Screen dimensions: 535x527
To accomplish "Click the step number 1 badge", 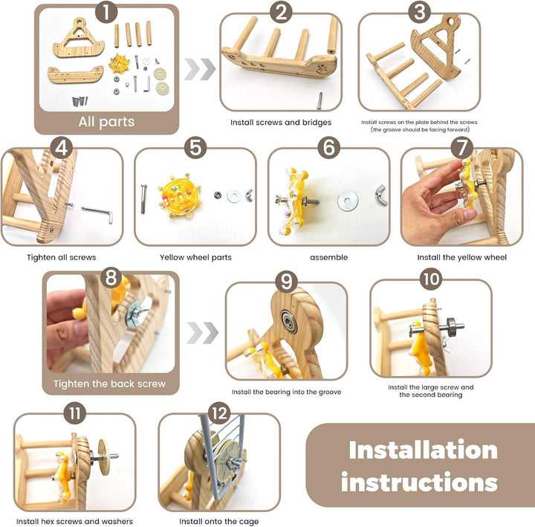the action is click(106, 12).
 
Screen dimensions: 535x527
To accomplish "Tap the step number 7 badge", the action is click(461, 148).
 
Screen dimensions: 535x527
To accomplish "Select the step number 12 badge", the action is click(218, 413).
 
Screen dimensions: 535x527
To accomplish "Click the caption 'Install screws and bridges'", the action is click(280, 123).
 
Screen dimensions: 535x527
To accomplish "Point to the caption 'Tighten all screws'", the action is click(62, 257).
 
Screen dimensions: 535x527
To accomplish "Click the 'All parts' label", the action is click(106, 122).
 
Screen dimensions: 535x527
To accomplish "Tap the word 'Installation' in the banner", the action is click(423, 450).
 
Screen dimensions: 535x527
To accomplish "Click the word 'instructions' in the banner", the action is click(419, 482).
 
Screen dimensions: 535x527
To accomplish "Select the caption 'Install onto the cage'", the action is click(218, 522).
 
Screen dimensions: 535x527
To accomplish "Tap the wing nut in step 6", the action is click(381, 195).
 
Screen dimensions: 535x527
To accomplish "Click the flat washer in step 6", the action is click(347, 201).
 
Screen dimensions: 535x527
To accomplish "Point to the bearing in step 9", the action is click(289, 321).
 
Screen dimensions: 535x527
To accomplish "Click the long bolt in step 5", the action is click(143, 199).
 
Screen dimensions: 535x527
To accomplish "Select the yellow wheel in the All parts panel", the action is click(120, 63).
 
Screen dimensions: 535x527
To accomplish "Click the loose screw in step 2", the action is click(320, 101).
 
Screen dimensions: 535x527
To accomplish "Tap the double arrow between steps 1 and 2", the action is click(200, 69).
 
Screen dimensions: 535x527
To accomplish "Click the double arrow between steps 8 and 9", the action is click(203, 333).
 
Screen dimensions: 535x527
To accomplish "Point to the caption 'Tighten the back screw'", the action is click(109, 384).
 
